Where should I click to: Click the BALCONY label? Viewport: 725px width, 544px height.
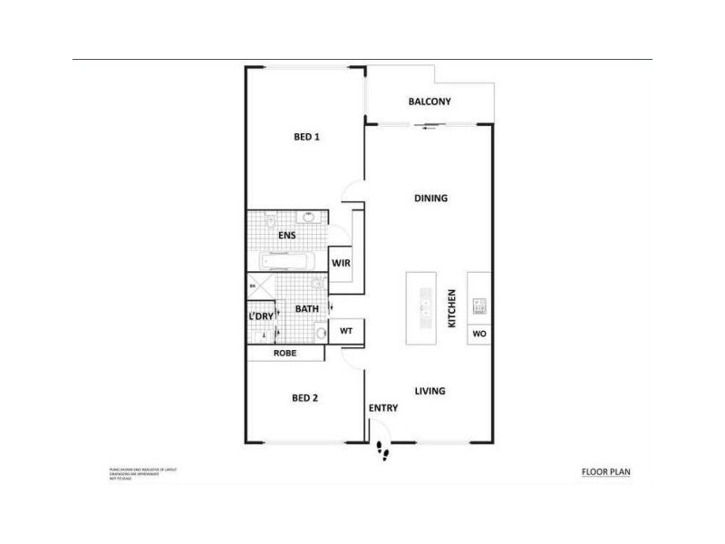click(430, 102)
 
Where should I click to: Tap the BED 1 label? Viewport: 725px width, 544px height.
click(308, 138)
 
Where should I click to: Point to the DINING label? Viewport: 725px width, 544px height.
click(431, 199)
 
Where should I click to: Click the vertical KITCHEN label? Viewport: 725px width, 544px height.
click(450, 308)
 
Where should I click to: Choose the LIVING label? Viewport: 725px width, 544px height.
click(430, 392)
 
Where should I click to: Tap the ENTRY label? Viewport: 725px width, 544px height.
click(382, 408)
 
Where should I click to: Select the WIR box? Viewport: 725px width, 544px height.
click(341, 264)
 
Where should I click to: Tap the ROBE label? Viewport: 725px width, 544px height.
click(285, 354)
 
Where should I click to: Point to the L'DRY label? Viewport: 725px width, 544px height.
click(260, 316)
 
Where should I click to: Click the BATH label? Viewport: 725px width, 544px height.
click(306, 309)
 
